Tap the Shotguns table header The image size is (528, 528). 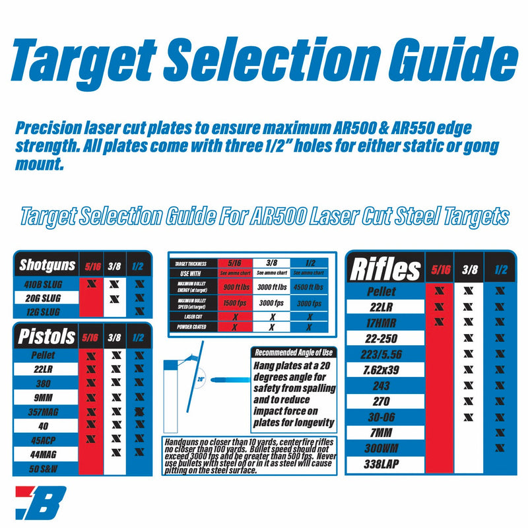pyautogui.click(x=47, y=265)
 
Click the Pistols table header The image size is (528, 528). pyautogui.click(x=46, y=337)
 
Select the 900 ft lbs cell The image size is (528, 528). pyautogui.click(x=235, y=287)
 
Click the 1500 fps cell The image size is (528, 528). pyautogui.click(x=235, y=304)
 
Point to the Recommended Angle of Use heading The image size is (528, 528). pyautogui.click(x=294, y=352)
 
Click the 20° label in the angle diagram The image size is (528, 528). pyautogui.click(x=200, y=379)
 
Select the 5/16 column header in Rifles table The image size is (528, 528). pyautogui.click(x=440, y=269)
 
